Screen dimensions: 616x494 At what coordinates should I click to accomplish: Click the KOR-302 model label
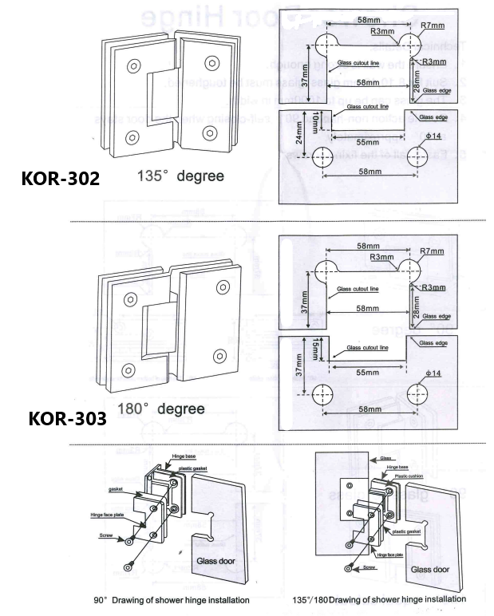tap(61, 178)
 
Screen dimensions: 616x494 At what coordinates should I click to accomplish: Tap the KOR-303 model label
tap(67, 418)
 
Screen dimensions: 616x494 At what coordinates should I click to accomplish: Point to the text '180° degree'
tap(161, 409)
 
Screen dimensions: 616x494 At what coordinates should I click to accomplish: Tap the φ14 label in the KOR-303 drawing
tap(433, 373)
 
